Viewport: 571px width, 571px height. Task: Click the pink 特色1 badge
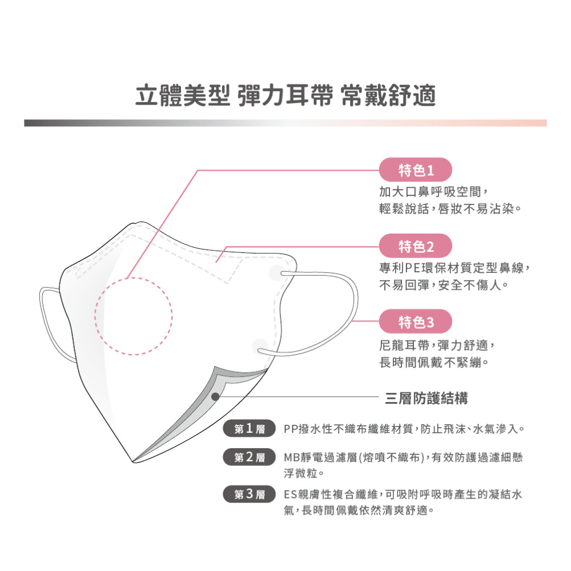[x=416, y=170]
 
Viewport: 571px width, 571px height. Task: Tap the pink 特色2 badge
[x=416, y=246]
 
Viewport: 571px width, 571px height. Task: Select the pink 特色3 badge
[x=416, y=321]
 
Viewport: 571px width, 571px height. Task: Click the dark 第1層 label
[x=249, y=428]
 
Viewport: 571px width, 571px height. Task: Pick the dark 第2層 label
[x=249, y=457]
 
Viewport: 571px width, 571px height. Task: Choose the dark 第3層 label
[x=249, y=494]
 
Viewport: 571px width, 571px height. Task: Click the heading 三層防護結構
[x=427, y=398]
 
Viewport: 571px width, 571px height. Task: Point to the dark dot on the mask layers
[x=215, y=397]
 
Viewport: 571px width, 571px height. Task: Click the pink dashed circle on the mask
[x=134, y=316]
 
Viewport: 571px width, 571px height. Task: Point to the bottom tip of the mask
[x=133, y=462]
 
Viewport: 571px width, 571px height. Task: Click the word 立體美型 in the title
[x=183, y=95]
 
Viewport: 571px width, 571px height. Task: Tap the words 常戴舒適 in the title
[x=388, y=95]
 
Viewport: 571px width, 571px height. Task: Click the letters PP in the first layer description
[x=291, y=429]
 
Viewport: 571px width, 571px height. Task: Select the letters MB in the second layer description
[x=292, y=457]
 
